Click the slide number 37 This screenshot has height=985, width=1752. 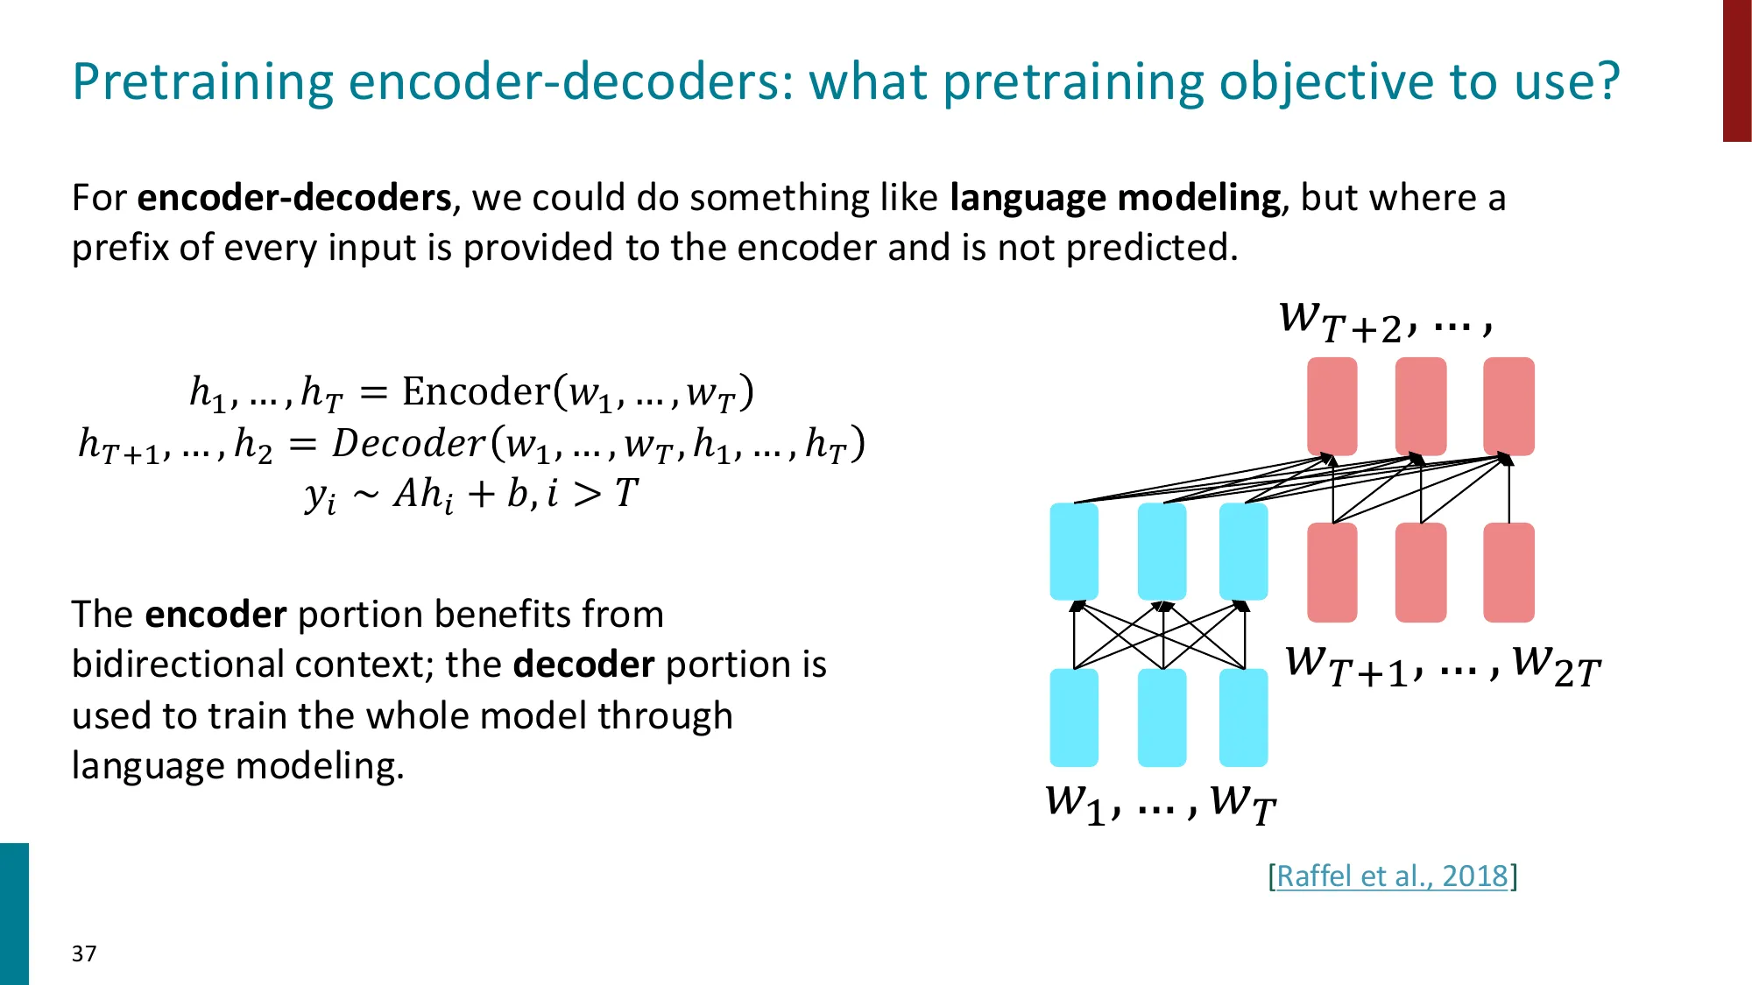pos(84,953)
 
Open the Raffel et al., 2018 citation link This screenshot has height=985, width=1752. pos(1392,876)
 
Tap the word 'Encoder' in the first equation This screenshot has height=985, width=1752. pos(476,391)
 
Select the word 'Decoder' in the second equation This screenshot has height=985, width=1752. pos(408,443)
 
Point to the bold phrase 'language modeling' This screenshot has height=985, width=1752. pos(1114,199)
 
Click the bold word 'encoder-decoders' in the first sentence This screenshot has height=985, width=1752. pos(294,199)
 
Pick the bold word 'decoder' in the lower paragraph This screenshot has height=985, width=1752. pos(583,665)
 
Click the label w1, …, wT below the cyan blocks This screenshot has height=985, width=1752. pos(1160,801)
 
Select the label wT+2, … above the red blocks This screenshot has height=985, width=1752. pos(1384,322)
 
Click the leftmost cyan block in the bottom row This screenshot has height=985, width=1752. pos(1074,717)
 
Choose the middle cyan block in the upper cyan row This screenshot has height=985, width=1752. pos(1162,551)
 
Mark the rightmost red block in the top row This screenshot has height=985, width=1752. pos(1508,405)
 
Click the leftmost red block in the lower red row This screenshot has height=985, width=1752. pos(1332,572)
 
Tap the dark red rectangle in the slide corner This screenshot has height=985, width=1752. pos(1736,70)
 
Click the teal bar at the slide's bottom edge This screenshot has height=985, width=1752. pos(14,913)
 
